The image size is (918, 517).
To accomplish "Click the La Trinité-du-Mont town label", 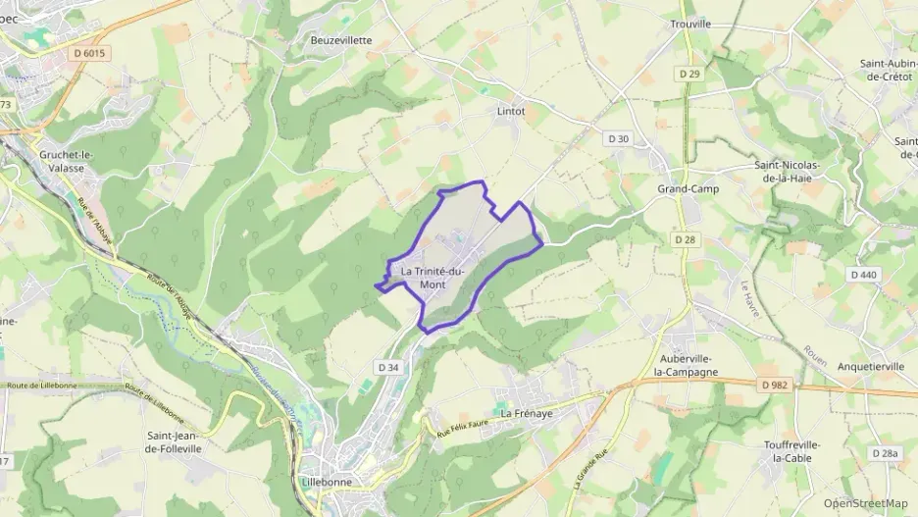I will (433, 278).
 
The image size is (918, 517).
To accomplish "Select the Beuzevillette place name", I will (341, 40).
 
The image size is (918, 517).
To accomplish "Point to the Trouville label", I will (690, 24).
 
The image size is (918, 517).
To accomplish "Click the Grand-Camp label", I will (688, 188).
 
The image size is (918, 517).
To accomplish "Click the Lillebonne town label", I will (329, 483).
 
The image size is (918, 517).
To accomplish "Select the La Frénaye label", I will (529, 414).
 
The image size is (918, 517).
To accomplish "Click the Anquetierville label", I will (871, 366).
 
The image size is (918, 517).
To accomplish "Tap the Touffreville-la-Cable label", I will (792, 451).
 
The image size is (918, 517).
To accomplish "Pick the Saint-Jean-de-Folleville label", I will (174, 441).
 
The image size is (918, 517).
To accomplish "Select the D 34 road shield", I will (388, 366).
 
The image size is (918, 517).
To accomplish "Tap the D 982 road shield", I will (774, 386).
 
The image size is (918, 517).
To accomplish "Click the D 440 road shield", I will (864, 275).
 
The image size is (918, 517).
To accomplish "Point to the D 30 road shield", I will (618, 139).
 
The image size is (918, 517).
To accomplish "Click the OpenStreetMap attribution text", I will (866, 503).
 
